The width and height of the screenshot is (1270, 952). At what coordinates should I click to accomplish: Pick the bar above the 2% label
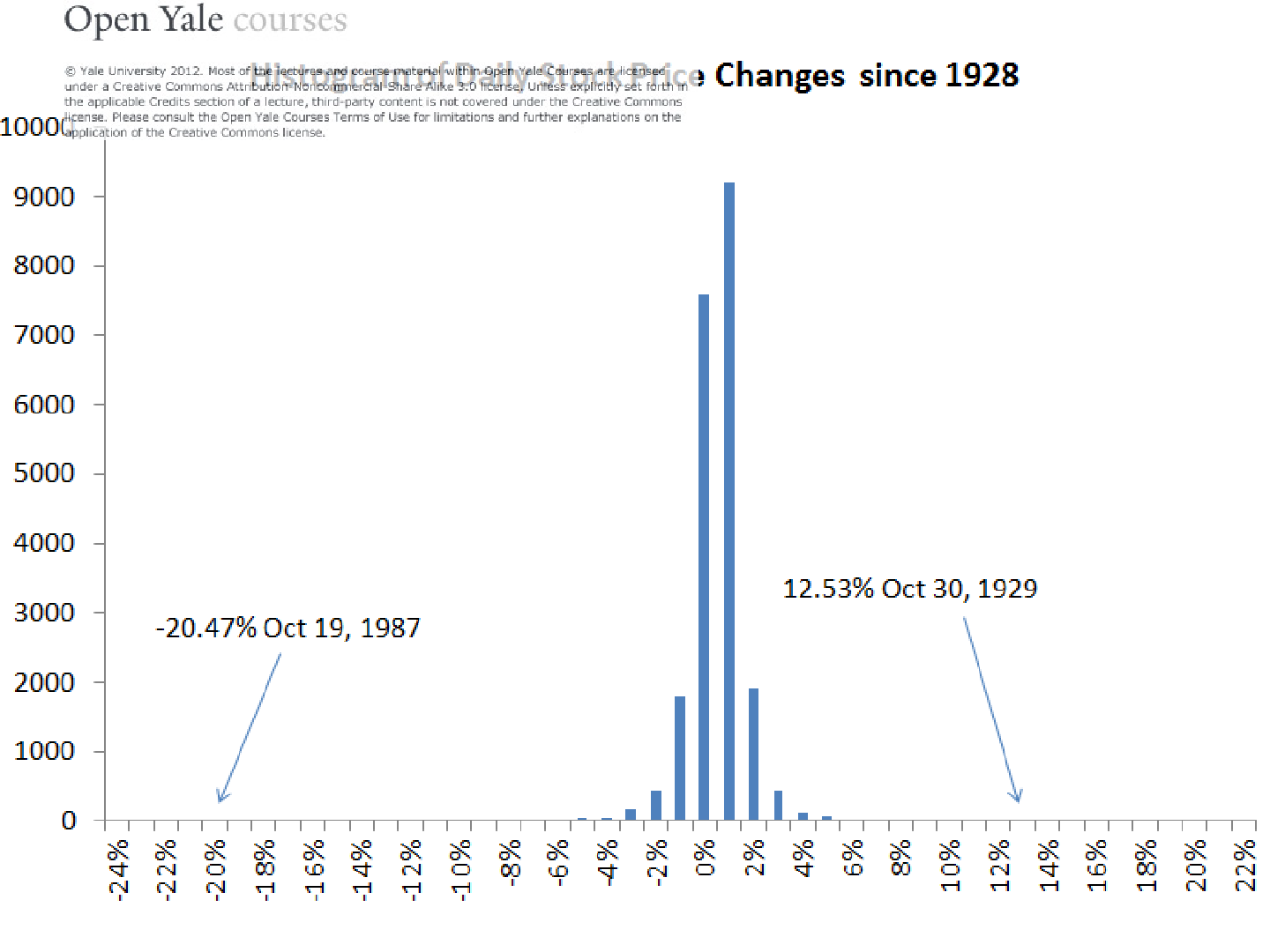point(753,754)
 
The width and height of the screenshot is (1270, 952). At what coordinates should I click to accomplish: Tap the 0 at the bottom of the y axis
point(69,821)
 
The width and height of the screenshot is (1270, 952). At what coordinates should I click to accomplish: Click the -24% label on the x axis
point(119,867)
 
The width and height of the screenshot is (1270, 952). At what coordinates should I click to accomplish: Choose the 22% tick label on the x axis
point(1244,866)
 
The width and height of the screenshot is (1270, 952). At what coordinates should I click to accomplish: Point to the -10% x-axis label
point(461,867)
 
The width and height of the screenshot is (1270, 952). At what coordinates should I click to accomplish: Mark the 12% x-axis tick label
point(999,866)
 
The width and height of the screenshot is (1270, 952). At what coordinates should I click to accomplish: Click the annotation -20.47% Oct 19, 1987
point(288,628)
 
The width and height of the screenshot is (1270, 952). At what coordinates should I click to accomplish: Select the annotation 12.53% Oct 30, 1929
point(909,589)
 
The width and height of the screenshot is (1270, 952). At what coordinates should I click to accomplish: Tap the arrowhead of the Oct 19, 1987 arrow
point(220,799)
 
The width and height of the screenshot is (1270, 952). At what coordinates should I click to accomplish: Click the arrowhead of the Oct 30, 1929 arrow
point(1018,799)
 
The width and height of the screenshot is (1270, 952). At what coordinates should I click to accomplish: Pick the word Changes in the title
point(780,77)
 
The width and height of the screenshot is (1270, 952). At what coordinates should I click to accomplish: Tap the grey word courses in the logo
point(290,21)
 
